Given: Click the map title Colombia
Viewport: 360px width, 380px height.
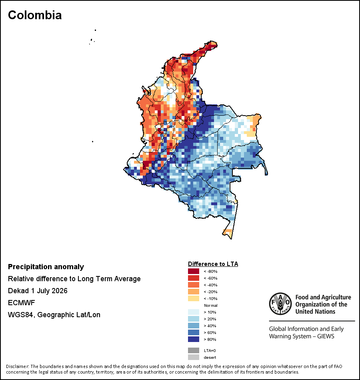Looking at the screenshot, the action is point(35,15).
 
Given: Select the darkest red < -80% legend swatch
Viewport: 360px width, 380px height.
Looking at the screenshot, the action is point(194,271).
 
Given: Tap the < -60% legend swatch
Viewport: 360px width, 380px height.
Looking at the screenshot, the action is point(194,278).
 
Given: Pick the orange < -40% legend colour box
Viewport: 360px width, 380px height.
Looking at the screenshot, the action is point(194,285).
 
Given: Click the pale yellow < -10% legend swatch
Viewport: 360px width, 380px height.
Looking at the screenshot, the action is point(194,298).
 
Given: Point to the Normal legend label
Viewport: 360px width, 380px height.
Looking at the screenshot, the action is point(211,305).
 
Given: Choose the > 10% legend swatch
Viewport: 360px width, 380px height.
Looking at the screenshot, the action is point(194,312).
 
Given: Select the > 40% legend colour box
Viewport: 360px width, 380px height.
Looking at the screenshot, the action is point(194,326).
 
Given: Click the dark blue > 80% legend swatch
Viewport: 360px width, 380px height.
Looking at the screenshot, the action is point(194,339).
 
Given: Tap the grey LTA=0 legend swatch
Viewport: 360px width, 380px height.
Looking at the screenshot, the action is point(194,350).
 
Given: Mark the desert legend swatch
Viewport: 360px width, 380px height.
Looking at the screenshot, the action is point(194,357).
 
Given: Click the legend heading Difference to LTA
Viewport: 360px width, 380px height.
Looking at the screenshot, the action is point(213,264).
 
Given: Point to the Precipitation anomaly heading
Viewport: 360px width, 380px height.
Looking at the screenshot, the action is point(46,267).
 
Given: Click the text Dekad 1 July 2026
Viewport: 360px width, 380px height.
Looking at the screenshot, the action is point(38,291).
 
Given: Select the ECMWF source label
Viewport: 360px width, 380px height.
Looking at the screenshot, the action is point(21,303).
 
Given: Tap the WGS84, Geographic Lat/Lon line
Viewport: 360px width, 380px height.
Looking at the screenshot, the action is point(54,315).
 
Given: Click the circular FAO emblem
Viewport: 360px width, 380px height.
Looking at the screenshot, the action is point(280,304).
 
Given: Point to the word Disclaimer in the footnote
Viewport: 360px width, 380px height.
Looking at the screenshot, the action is point(18,366).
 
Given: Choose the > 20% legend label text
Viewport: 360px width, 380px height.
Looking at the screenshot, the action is point(210,319).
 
